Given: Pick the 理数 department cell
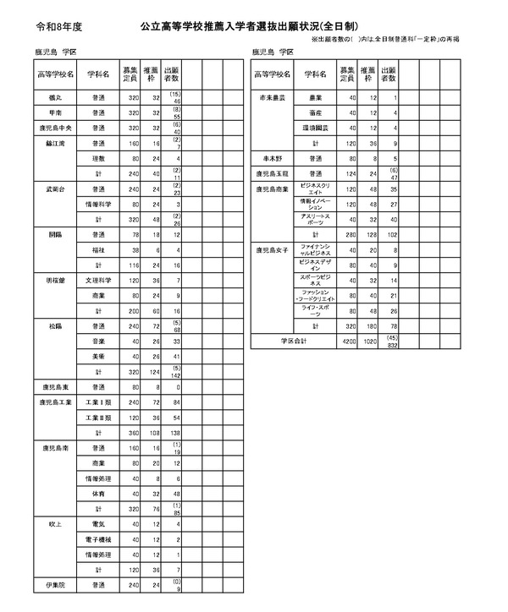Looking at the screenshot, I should click(x=98, y=158).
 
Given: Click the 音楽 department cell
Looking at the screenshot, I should click(x=98, y=341).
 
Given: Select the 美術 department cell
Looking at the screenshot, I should click(x=98, y=356).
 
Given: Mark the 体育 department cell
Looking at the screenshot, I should click(x=98, y=493).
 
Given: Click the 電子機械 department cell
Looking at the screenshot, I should click(x=98, y=538).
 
